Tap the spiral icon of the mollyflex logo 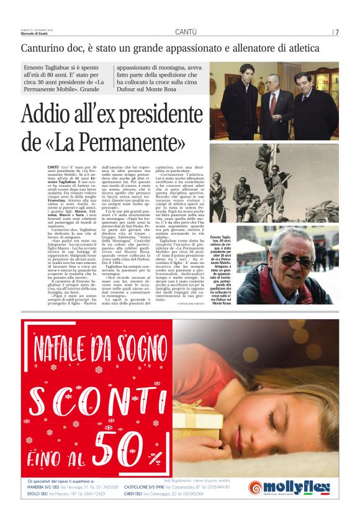pos(255,488)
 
